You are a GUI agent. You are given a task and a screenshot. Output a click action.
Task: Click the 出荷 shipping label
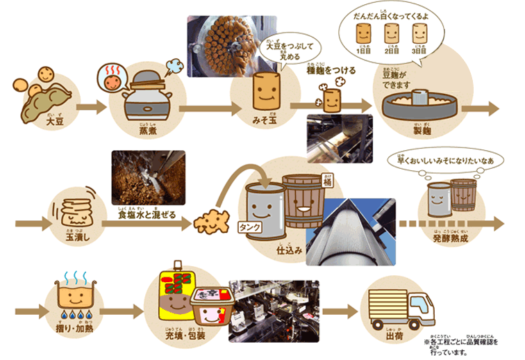(394, 337)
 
